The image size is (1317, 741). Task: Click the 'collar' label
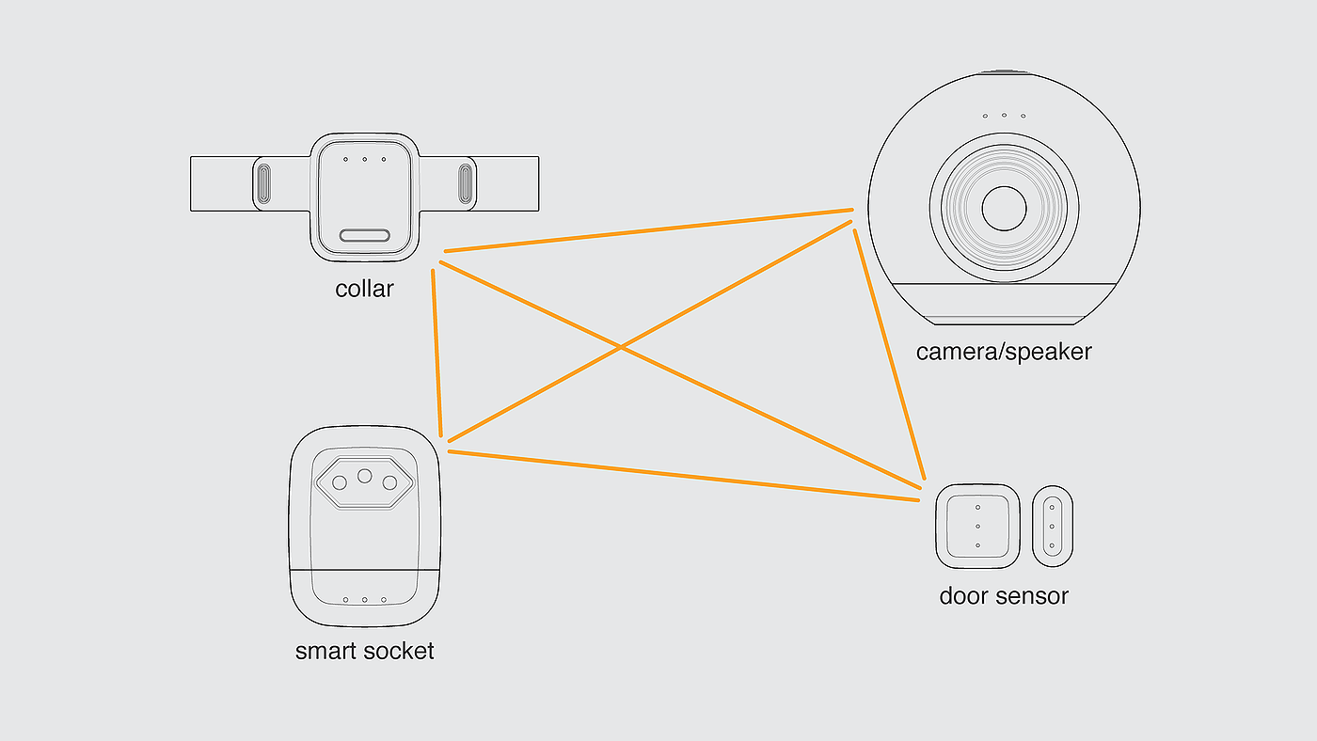click(365, 289)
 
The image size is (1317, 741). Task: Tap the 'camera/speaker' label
click(1004, 352)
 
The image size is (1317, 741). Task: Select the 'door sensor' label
click(1004, 596)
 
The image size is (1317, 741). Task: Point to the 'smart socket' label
click(365, 651)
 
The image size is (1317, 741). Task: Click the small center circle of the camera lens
click(1005, 209)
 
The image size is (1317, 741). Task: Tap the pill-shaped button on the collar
click(365, 236)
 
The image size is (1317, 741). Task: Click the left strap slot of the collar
click(264, 184)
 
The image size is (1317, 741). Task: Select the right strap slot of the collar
click(465, 184)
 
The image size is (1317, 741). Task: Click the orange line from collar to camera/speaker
click(648, 230)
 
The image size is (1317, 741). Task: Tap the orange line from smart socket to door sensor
click(684, 476)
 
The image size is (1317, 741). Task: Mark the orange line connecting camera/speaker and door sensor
click(890, 355)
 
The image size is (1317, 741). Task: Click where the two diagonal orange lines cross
click(621, 348)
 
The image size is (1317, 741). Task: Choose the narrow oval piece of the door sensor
click(1053, 527)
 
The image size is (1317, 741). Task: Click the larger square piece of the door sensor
click(977, 527)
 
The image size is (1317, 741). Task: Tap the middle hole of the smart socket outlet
click(365, 476)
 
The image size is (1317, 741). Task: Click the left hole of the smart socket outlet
click(340, 483)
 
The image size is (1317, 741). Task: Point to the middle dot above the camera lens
click(1005, 115)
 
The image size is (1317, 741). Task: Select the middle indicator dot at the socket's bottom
click(365, 600)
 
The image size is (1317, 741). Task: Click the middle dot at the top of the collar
click(365, 159)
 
